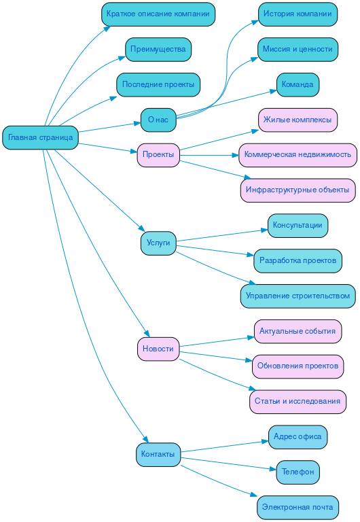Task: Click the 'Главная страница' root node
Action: point(41,137)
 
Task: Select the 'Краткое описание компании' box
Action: point(158,14)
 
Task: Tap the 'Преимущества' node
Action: point(158,49)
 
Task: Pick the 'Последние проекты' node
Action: point(158,84)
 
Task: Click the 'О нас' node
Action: point(158,120)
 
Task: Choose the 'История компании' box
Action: point(298,14)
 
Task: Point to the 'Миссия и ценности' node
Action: point(298,49)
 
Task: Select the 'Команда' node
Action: point(298,84)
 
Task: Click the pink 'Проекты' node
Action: point(158,155)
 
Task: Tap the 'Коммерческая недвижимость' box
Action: point(298,155)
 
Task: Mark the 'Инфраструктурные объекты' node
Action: point(298,190)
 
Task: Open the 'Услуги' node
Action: point(158,243)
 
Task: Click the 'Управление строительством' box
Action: point(298,296)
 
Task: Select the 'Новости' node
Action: point(158,349)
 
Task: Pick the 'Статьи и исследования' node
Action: point(298,402)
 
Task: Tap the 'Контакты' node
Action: point(158,455)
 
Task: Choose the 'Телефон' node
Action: point(298,472)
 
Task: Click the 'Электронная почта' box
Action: point(298,507)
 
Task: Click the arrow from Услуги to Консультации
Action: point(221,234)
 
